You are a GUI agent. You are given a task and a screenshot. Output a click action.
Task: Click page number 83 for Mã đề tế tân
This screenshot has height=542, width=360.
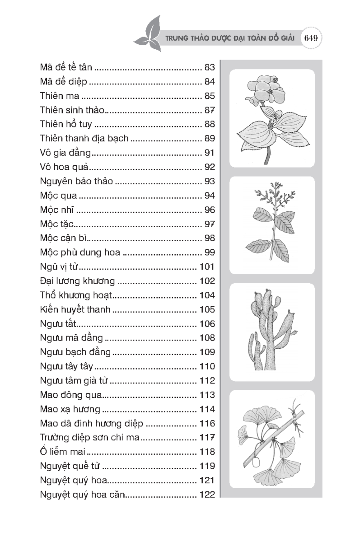[x=209, y=68]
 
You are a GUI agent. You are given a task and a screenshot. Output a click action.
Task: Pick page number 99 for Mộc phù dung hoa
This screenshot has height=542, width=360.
[x=209, y=252]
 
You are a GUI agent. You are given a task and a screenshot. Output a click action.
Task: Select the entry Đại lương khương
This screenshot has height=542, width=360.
[x=77, y=280]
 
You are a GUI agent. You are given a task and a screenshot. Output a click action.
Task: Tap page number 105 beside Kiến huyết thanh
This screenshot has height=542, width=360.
[x=207, y=309]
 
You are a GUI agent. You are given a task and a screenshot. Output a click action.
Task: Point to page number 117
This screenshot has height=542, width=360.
[x=207, y=437]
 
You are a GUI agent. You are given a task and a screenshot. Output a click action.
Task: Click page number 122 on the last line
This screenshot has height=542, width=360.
[x=207, y=494]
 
